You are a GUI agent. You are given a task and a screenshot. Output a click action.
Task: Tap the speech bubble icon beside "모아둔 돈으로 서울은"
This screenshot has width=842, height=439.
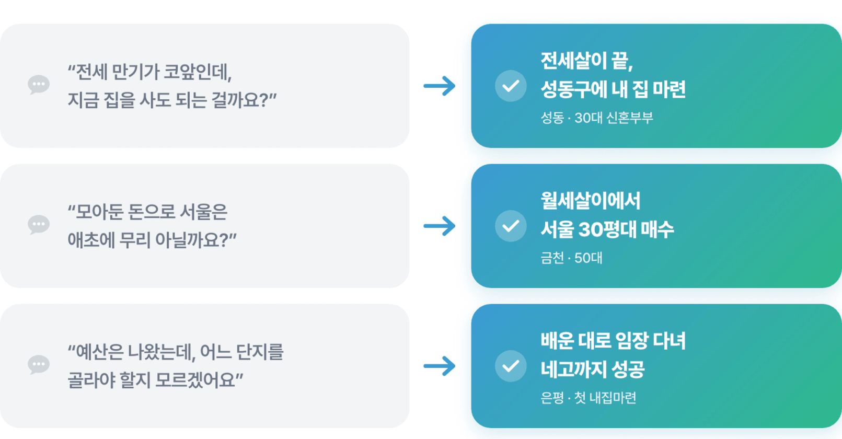39,225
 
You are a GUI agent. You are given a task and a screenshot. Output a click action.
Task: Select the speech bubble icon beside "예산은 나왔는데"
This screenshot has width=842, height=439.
39,365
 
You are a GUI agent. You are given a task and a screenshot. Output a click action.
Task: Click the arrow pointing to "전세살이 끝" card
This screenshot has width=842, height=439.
440,86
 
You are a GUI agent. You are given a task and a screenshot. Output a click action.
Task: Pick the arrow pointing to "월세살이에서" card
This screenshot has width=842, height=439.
440,226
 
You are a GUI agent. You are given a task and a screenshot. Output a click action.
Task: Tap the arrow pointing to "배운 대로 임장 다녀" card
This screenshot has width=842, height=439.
440,366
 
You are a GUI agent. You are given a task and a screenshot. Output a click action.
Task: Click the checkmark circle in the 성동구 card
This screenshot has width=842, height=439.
511,86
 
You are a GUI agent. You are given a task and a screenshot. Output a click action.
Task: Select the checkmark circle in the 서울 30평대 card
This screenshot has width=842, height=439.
511,226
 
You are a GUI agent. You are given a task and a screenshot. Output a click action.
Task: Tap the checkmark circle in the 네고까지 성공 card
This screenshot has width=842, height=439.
511,366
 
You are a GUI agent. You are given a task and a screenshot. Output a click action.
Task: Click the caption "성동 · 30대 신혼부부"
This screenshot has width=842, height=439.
597,118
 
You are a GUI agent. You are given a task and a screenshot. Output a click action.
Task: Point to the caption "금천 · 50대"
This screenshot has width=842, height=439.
571,258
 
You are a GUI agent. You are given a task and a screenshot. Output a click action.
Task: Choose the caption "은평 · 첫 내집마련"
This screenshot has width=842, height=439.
589,398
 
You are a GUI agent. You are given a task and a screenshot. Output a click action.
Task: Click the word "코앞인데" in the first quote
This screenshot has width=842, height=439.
198,72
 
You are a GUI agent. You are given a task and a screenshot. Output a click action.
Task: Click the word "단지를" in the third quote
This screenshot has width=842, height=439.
260,352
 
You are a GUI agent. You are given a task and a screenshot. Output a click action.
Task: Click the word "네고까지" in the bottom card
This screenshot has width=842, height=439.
573,369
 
